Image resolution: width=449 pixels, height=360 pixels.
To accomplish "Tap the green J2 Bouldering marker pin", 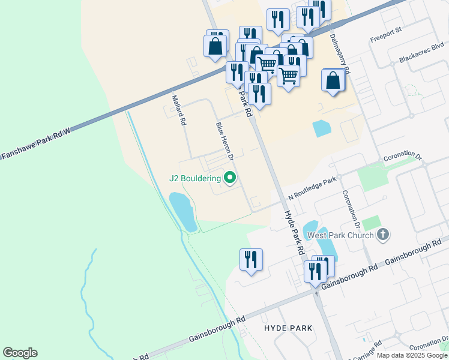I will click(229, 178).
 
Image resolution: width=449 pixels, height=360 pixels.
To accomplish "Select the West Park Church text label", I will click(340, 235).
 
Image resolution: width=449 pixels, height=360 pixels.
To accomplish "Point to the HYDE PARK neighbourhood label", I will click(288, 328).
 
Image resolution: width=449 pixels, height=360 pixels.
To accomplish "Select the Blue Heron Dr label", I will click(224, 142).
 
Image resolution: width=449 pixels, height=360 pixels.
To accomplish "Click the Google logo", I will click(20, 353).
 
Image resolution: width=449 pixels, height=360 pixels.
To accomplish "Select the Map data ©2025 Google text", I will click(412, 355).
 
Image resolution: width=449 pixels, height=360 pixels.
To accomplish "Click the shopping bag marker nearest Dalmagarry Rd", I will click(333, 80).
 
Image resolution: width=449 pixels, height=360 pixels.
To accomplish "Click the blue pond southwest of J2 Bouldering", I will click(183, 212).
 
